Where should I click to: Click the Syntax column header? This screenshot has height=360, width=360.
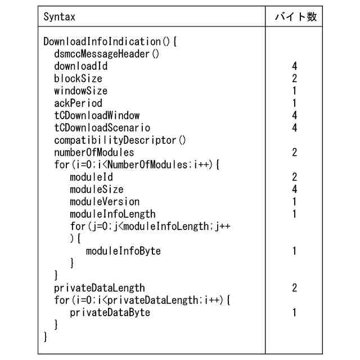[59, 17]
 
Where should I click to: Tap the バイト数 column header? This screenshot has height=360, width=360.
[295, 17]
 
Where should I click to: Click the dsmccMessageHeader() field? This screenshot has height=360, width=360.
[107, 54]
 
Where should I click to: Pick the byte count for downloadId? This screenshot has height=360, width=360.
[295, 66]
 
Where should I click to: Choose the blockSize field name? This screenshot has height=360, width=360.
[78, 79]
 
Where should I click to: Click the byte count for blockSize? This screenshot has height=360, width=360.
[295, 79]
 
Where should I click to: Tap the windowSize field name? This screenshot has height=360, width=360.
[80, 91]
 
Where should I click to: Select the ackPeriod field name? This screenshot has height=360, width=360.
[78, 103]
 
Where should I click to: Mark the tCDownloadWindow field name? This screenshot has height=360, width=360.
[97, 116]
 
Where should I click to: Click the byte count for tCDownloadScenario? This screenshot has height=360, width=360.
[295, 128]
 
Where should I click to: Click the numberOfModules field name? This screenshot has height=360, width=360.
[94, 152]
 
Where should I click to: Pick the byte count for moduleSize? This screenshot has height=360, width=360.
[295, 190]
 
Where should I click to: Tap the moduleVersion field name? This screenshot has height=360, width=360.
[105, 202]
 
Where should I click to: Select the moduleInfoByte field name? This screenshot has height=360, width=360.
[123, 251]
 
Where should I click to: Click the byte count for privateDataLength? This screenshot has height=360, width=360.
[295, 288]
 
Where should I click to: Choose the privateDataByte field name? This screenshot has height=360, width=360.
[110, 313]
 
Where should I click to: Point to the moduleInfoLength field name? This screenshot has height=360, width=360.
[112, 214]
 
